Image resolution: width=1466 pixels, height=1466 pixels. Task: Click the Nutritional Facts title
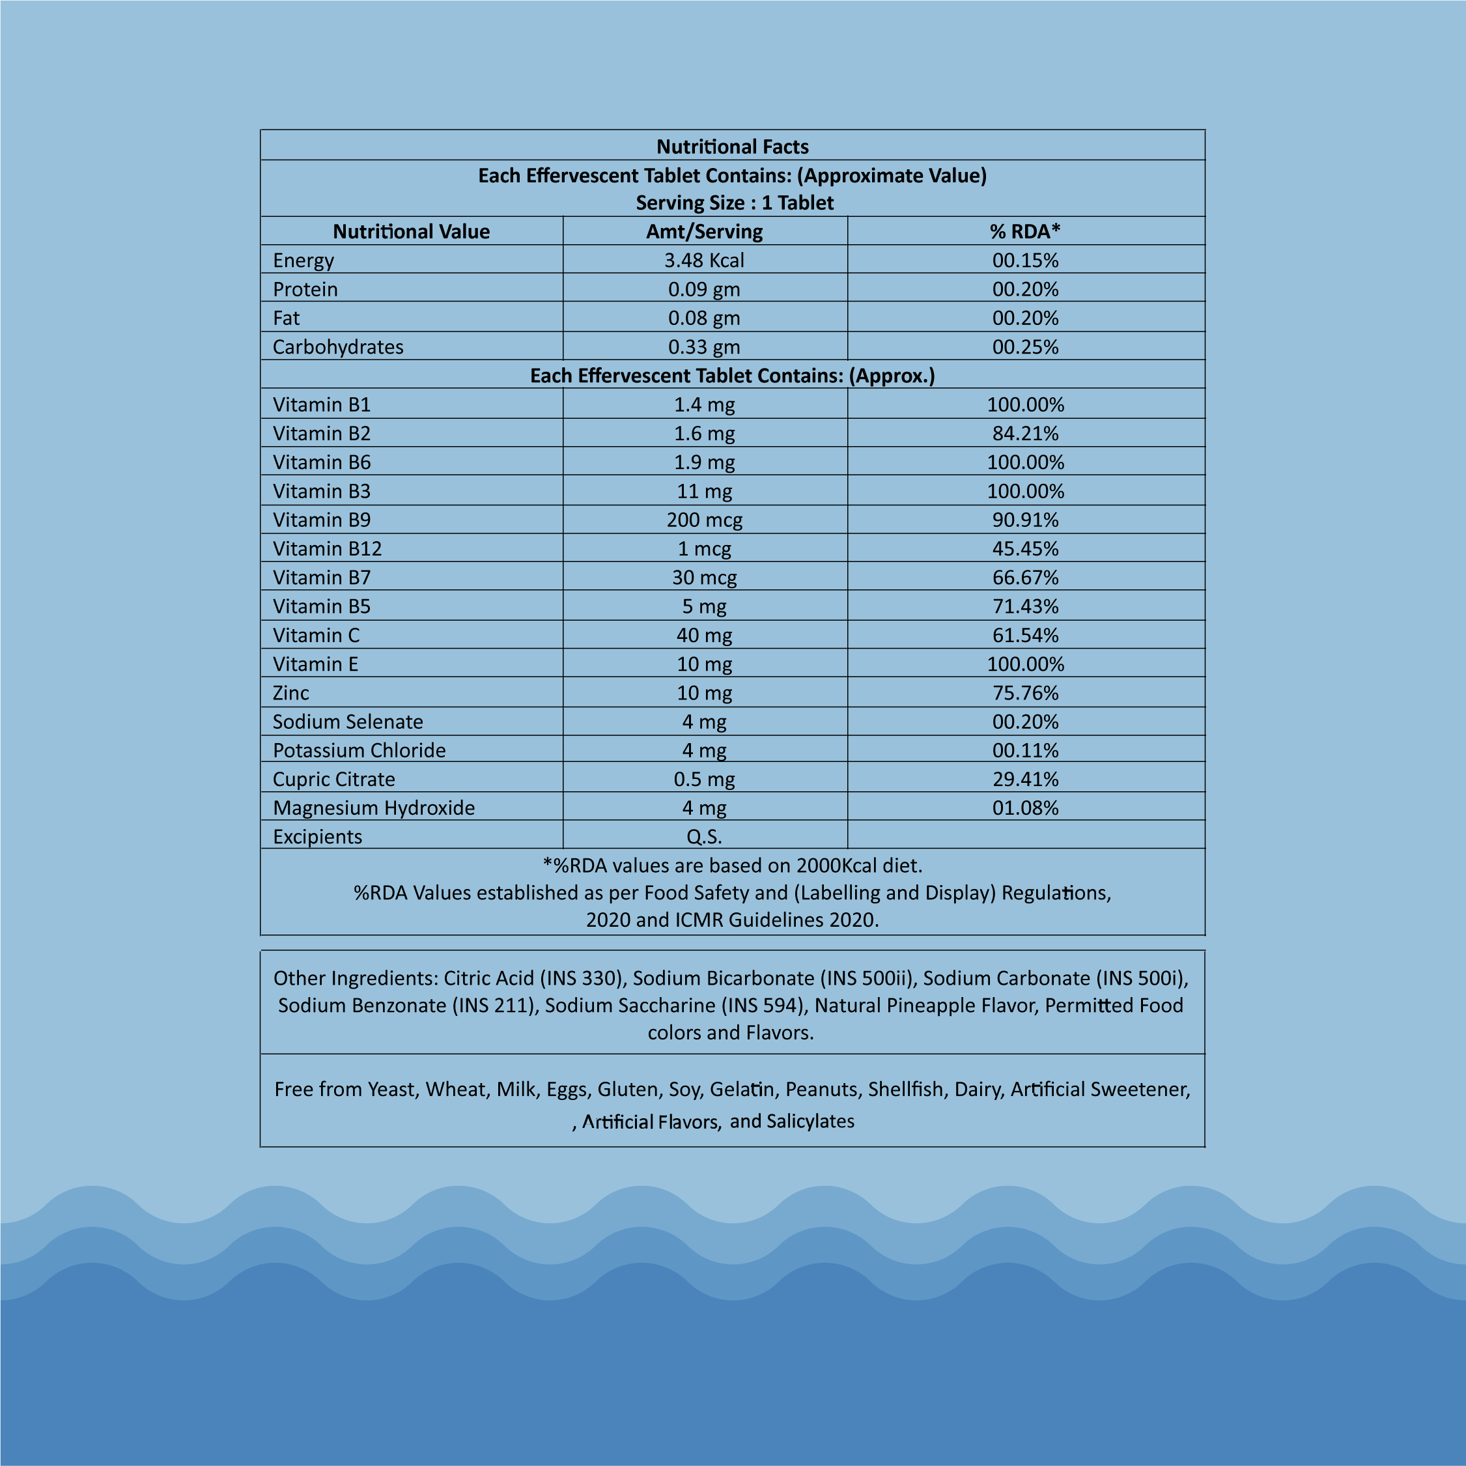pyautogui.click(x=732, y=147)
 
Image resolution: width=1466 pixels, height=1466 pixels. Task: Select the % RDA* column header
pyautogui.click(x=1025, y=231)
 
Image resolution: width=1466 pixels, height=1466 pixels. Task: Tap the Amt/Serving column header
pyautogui.click(x=704, y=231)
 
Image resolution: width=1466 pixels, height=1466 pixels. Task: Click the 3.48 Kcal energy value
pyautogui.click(x=704, y=261)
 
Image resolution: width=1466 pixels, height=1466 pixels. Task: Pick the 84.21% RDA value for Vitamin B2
pyautogui.click(x=1025, y=433)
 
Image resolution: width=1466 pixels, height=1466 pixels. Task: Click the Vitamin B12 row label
pyautogui.click(x=327, y=548)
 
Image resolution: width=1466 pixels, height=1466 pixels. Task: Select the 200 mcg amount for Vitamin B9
pyautogui.click(x=704, y=520)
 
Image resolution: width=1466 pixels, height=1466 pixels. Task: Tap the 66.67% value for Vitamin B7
pyautogui.click(x=1025, y=578)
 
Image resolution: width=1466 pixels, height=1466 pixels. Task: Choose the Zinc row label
pyautogui.click(x=290, y=693)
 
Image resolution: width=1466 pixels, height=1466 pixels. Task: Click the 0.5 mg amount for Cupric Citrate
pyautogui.click(x=704, y=780)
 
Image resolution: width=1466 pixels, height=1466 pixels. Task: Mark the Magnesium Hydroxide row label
pyautogui.click(x=373, y=808)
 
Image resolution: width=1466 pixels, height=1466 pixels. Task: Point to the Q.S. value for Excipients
pyautogui.click(x=704, y=836)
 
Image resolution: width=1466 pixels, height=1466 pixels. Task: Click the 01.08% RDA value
pyautogui.click(x=1025, y=808)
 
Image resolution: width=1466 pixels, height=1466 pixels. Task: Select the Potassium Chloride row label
pyautogui.click(x=359, y=750)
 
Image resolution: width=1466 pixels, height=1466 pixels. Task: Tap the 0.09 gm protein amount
pyautogui.click(x=704, y=289)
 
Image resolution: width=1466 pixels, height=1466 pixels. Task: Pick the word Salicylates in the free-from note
pyautogui.click(x=810, y=1121)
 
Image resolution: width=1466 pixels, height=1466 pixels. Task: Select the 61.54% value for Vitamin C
pyautogui.click(x=1025, y=635)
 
